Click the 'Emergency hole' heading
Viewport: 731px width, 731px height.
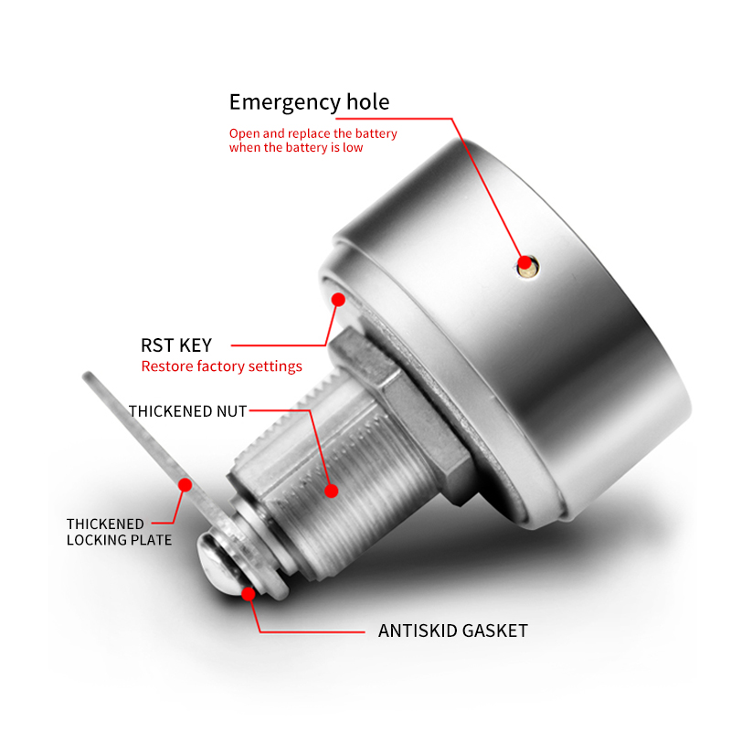click(309, 102)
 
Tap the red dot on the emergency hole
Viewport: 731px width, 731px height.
click(524, 263)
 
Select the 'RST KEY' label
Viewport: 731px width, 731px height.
click(176, 345)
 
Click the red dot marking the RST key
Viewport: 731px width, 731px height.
click(338, 300)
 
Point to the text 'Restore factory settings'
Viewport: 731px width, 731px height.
click(221, 366)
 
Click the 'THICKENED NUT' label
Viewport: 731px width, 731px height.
click(187, 411)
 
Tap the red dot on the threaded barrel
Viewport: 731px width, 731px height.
click(331, 491)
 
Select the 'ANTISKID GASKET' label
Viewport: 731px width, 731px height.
click(452, 630)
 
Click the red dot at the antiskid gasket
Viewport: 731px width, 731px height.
click(248, 593)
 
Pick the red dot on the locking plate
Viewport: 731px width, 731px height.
click(185, 485)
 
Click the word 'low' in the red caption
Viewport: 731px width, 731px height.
click(353, 147)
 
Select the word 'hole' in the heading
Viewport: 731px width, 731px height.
click(368, 101)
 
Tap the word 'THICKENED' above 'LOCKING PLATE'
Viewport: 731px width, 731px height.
click(105, 524)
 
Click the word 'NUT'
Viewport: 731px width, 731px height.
click(232, 411)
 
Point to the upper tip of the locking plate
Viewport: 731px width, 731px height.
click(87, 374)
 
